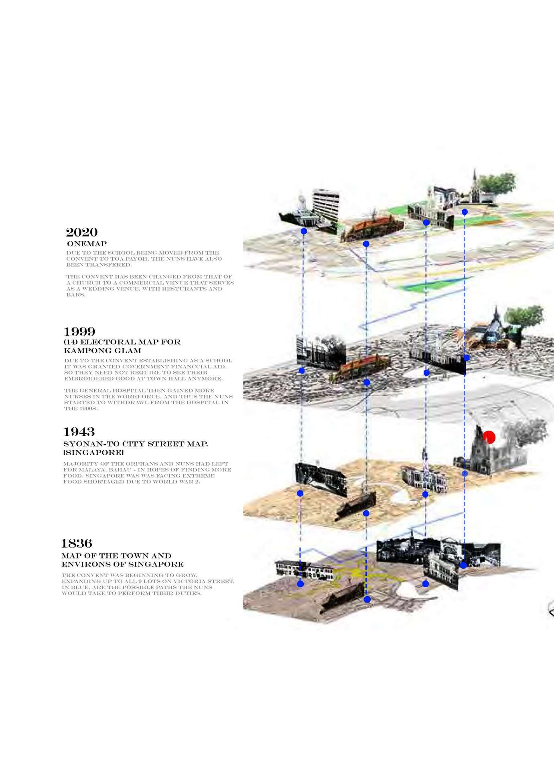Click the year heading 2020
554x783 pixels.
(81, 233)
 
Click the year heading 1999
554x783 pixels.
(79, 332)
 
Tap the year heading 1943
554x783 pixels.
(79, 432)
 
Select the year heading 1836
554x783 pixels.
(77, 544)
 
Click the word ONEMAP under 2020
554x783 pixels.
(87, 244)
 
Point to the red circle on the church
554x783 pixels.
(489, 437)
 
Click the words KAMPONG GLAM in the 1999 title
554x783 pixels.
(102, 351)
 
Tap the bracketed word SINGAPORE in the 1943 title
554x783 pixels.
(93, 453)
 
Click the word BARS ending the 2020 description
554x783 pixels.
(75, 295)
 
